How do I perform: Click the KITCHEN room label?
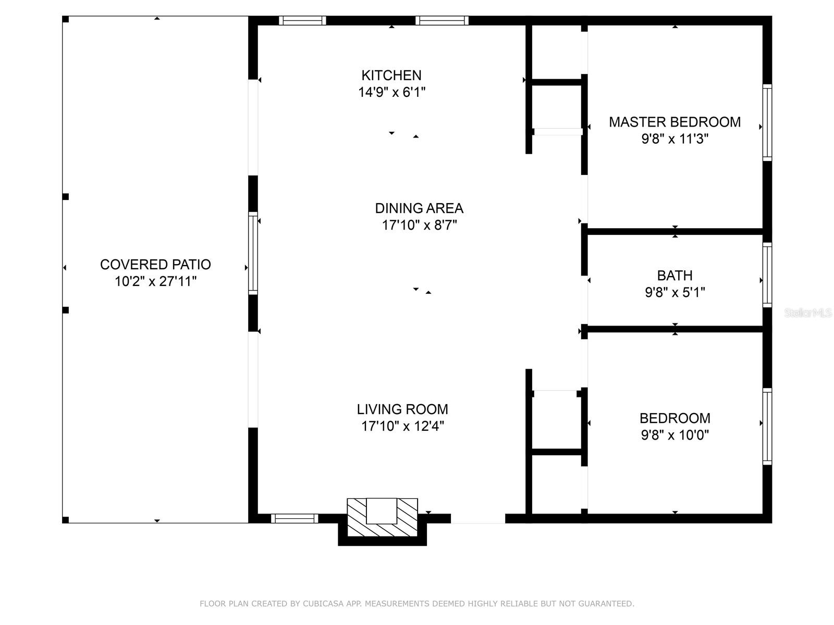pyautogui.click(x=391, y=75)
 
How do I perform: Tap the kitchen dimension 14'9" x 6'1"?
pyautogui.click(x=391, y=92)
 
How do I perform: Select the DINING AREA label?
pyautogui.click(x=419, y=208)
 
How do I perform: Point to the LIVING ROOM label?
pyautogui.click(x=402, y=409)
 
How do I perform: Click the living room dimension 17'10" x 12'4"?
pyautogui.click(x=402, y=426)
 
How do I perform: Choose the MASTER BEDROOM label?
pyautogui.click(x=674, y=122)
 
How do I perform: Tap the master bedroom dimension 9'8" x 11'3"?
pyautogui.click(x=675, y=139)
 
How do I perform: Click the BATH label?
pyautogui.click(x=674, y=275)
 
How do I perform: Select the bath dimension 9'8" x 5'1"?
pyautogui.click(x=674, y=292)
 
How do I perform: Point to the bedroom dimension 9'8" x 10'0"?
pyautogui.click(x=674, y=435)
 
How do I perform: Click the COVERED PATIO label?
pyautogui.click(x=155, y=264)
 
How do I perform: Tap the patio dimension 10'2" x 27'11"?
pyautogui.click(x=155, y=281)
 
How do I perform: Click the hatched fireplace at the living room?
pyautogui.click(x=382, y=517)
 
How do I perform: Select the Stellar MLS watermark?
pyautogui.click(x=808, y=312)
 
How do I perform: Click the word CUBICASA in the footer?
pyautogui.click(x=323, y=604)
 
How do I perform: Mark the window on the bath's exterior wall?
pyautogui.click(x=767, y=275)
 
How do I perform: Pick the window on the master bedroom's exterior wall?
pyautogui.click(x=767, y=122)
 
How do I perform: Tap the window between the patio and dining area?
pyautogui.click(x=253, y=253)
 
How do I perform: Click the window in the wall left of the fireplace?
pyautogui.click(x=295, y=518)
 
